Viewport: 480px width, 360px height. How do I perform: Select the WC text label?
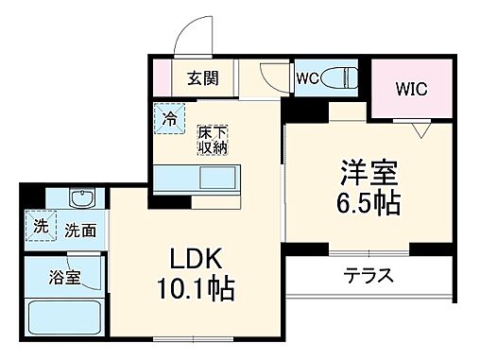[x=305, y=77]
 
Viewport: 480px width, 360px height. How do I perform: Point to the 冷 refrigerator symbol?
[x=169, y=118]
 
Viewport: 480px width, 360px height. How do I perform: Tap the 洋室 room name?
[x=369, y=173]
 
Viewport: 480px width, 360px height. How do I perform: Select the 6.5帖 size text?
[x=369, y=202]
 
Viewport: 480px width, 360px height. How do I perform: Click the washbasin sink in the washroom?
[x=82, y=200]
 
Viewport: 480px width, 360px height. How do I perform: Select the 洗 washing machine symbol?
[x=40, y=226]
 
